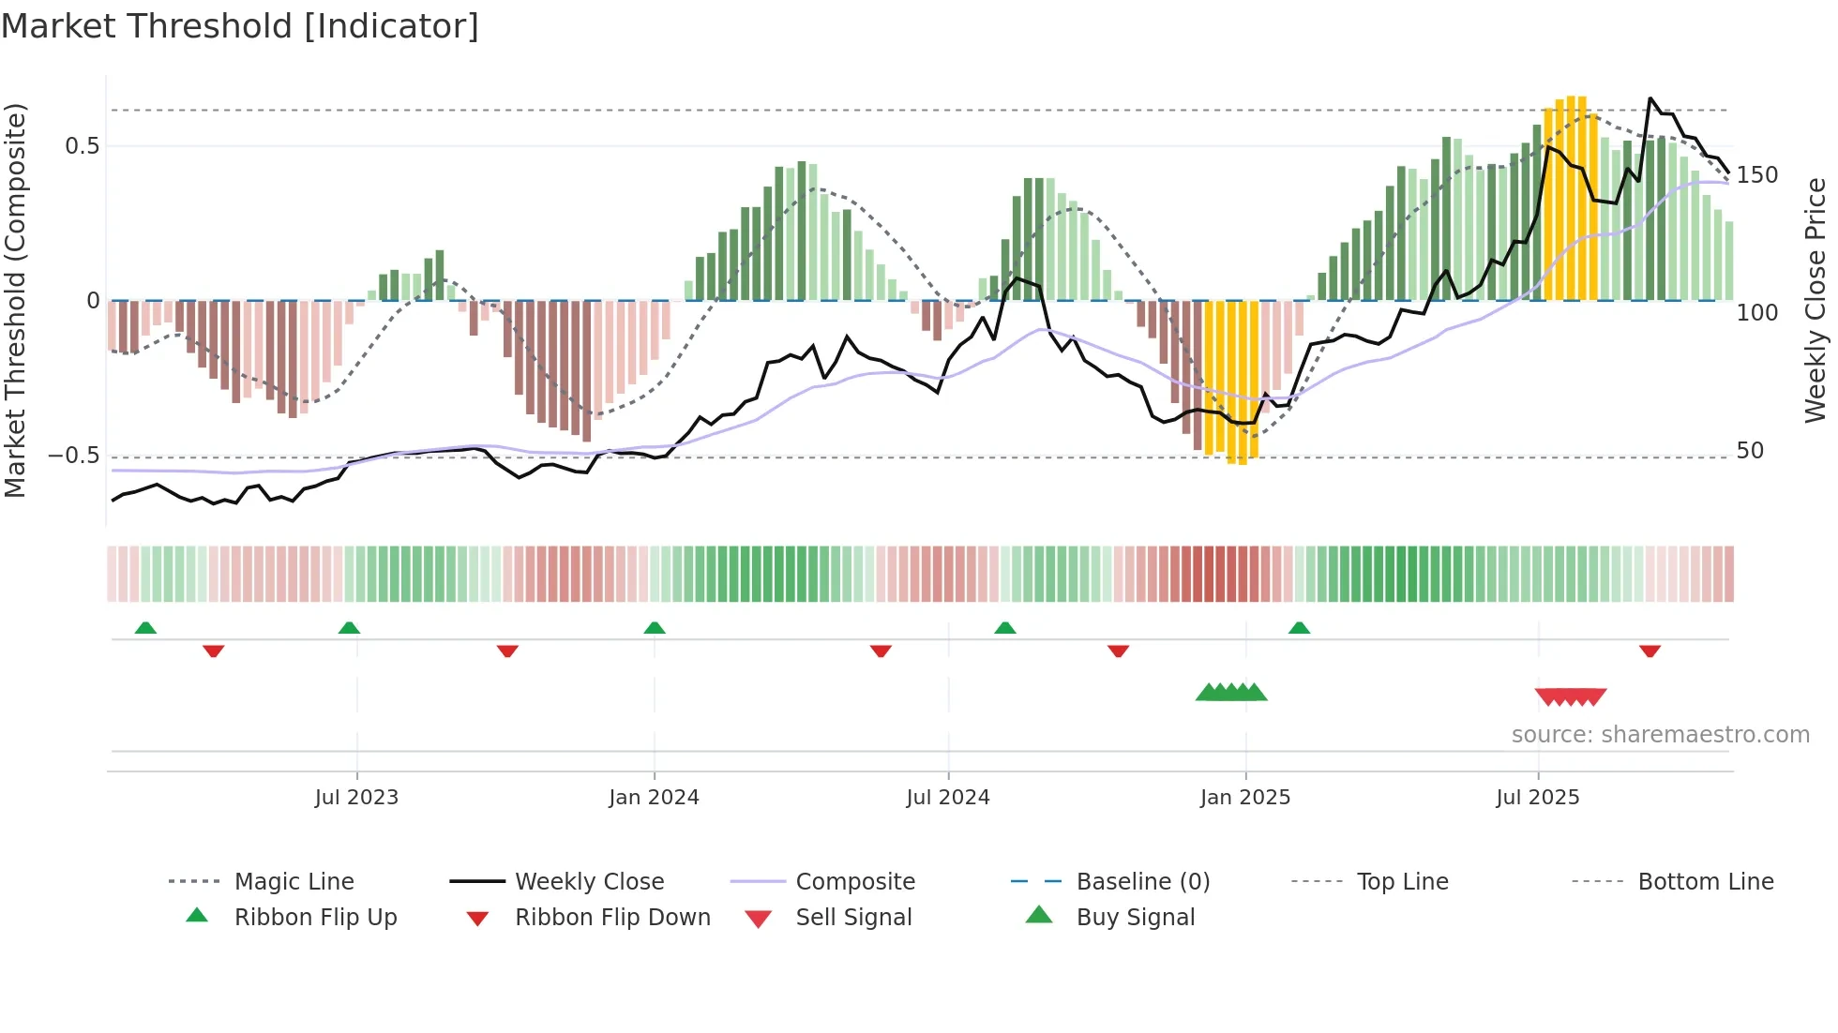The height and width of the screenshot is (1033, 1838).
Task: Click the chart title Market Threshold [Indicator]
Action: [x=240, y=26]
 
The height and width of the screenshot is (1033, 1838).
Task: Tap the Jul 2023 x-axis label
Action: [x=356, y=798]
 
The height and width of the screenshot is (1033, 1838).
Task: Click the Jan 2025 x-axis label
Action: [x=1245, y=798]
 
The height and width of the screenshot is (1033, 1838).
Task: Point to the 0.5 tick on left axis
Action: [x=83, y=146]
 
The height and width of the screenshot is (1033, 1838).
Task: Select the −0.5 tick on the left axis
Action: [x=74, y=456]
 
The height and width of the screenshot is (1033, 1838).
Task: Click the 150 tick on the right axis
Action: [x=1756, y=175]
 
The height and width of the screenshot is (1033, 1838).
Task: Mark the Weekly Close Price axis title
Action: [x=1815, y=300]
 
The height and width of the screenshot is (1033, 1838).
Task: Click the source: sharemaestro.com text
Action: [x=1660, y=735]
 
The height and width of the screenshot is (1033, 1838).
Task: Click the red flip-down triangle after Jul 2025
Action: [x=1650, y=651]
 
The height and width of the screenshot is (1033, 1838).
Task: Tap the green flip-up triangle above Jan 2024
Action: [x=655, y=628]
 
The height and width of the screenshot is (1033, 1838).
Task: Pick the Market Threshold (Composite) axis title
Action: [x=15, y=300]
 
